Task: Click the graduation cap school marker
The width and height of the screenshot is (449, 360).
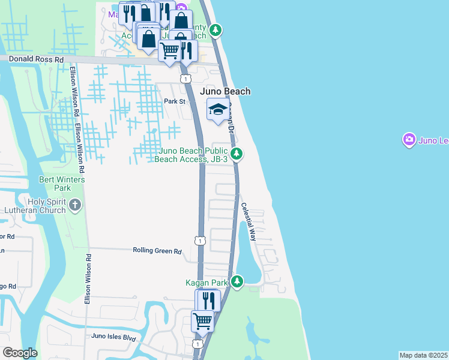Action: click(x=217, y=109)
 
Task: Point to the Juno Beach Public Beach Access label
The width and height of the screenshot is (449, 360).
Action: click(x=191, y=155)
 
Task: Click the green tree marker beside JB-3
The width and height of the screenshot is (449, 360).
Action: click(x=237, y=154)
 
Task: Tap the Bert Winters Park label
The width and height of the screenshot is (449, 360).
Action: click(x=62, y=184)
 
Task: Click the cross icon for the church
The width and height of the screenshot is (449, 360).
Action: click(x=75, y=206)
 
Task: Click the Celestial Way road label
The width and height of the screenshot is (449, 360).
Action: click(x=249, y=221)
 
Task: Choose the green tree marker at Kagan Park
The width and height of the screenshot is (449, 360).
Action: click(x=238, y=281)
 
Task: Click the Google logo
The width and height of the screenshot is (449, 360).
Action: click(x=20, y=353)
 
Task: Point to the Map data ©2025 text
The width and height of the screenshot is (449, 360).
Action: click(x=423, y=355)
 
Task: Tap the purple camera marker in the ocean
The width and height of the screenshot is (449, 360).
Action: click(x=409, y=140)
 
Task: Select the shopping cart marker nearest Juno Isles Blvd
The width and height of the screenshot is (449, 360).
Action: click(x=203, y=320)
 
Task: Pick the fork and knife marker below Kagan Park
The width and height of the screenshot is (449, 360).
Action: click(x=208, y=299)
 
